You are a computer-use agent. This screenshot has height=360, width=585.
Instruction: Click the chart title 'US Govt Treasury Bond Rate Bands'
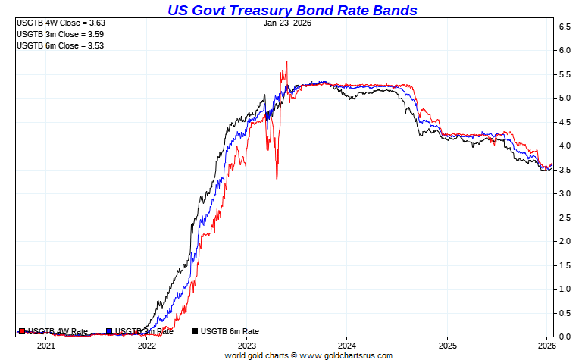292,10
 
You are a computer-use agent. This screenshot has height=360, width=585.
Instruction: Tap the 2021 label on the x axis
46,346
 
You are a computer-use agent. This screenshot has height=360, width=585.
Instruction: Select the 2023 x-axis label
246,346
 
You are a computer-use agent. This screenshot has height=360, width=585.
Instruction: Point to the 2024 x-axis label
346,346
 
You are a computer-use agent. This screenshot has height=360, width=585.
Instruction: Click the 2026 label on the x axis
547,346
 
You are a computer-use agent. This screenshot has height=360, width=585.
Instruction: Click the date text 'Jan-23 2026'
287,23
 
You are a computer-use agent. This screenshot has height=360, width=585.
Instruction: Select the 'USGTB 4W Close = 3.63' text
60,23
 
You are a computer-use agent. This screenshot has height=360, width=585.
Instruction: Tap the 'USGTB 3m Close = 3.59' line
60,34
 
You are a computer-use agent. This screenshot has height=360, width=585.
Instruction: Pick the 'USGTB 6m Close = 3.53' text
60,45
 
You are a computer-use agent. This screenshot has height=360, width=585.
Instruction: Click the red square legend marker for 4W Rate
22,331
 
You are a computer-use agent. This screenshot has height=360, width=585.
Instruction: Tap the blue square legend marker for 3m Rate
110,331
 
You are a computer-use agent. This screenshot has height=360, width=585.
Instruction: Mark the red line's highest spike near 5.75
286,61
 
